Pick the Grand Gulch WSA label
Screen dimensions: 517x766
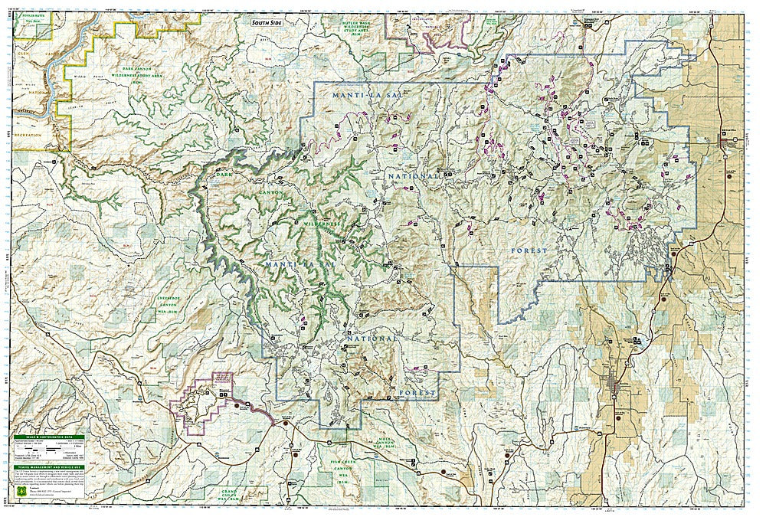click(x=246, y=494)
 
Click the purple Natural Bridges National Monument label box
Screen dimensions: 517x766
click(x=222, y=377)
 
